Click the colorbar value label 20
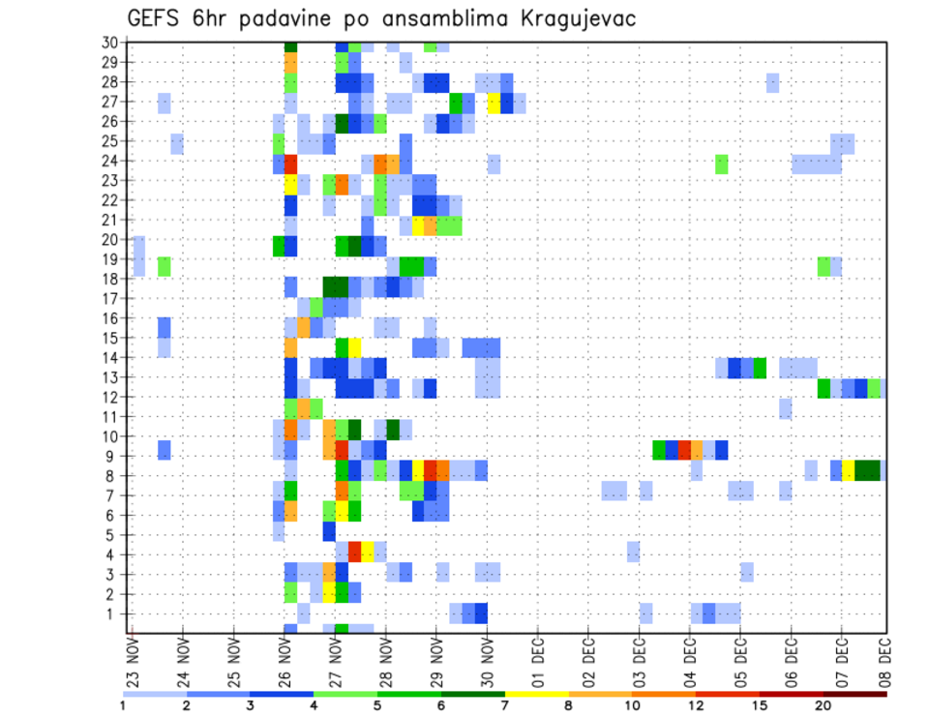click(823, 705)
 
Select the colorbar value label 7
click(505, 705)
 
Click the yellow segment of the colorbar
click(536, 693)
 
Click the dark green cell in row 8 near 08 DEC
click(867, 470)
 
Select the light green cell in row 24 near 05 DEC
click(722, 165)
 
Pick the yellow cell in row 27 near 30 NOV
click(494, 104)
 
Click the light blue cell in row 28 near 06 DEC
click(772, 83)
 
